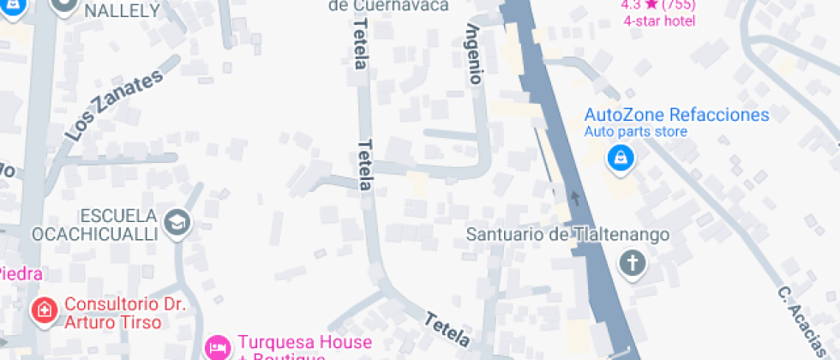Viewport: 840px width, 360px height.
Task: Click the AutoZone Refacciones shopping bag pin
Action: click(x=619, y=158)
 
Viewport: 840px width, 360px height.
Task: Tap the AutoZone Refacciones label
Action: click(x=676, y=115)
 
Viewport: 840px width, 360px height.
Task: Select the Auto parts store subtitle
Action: click(x=635, y=132)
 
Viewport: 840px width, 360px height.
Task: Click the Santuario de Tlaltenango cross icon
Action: click(x=633, y=263)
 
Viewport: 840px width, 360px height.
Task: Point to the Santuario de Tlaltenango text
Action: click(x=567, y=234)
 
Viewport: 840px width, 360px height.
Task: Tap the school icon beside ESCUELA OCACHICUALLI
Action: click(x=177, y=223)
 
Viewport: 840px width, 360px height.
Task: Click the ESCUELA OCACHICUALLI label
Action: click(x=94, y=225)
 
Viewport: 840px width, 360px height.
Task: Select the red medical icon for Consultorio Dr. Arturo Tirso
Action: click(x=43, y=309)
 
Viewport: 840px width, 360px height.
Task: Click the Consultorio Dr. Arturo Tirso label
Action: click(x=125, y=313)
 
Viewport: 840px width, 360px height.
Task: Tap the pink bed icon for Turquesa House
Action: click(x=219, y=347)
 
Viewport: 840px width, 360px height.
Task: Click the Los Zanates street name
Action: click(x=113, y=106)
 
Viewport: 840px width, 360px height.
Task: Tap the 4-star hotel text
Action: click(x=658, y=21)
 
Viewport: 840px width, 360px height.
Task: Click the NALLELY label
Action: click(x=123, y=10)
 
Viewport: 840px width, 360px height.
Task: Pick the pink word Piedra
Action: click(x=19, y=273)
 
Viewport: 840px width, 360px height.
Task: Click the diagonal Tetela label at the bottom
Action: click(x=448, y=330)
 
